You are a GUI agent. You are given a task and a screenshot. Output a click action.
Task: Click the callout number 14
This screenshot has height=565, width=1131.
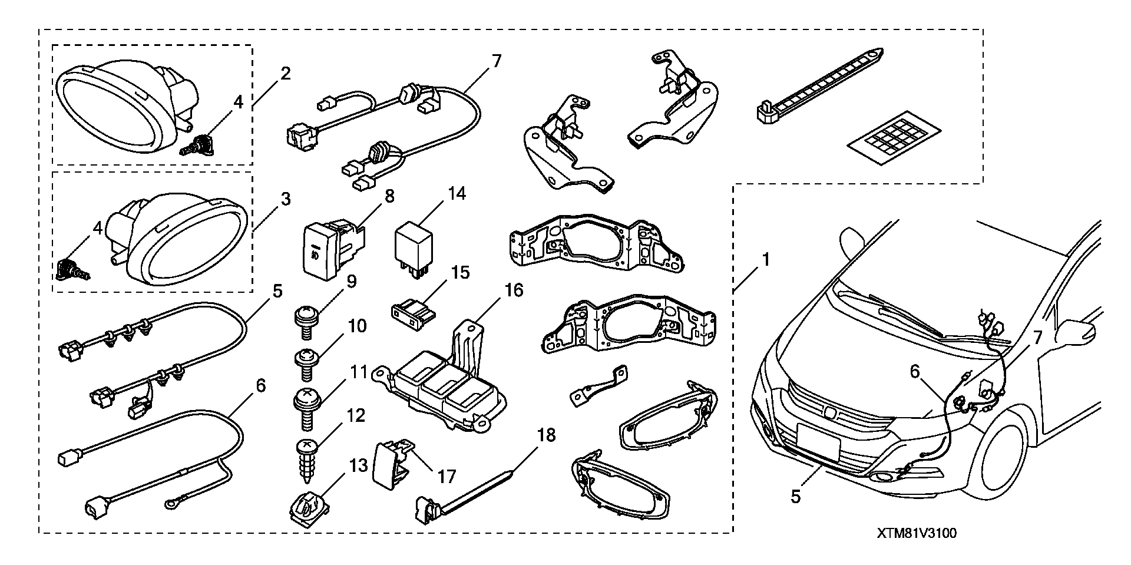456,193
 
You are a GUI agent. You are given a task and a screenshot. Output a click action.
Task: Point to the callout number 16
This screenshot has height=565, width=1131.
514,290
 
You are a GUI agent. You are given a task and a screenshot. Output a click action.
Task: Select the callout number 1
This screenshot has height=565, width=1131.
765,259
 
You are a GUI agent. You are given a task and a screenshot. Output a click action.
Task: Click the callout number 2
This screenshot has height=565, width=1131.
286,74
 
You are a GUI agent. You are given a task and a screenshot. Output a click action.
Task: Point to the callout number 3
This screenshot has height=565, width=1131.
286,199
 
